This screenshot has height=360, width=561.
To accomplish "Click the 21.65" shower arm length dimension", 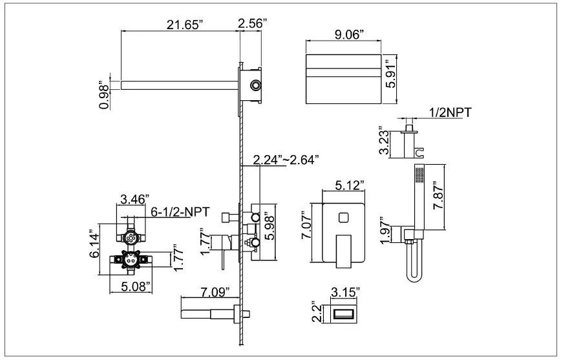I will (185, 24).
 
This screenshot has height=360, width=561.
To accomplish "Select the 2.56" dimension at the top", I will (253, 24).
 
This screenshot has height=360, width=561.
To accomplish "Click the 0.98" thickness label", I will (104, 95).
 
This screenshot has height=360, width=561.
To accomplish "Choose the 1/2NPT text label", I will (450, 112).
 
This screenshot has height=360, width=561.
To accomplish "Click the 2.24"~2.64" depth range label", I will (286, 160).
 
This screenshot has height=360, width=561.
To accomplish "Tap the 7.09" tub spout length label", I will (213, 292).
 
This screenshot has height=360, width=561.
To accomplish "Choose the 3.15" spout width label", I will (344, 293).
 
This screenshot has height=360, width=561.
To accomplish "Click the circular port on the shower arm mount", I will (257, 85).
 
